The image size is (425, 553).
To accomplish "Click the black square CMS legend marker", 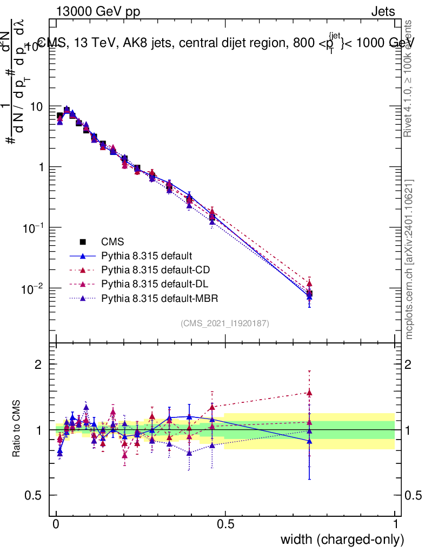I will (x=82, y=242).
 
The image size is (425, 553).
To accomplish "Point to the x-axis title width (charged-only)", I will (x=342, y=539).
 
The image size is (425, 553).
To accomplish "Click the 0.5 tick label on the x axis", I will (x=225, y=524).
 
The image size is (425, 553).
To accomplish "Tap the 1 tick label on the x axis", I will (x=395, y=524).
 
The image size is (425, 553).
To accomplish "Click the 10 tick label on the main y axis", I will (x=36, y=106).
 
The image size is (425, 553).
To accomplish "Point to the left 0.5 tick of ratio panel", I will (x=34, y=495).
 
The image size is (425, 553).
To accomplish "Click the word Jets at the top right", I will (x=383, y=11).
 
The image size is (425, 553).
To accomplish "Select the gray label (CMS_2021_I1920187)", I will (x=224, y=323).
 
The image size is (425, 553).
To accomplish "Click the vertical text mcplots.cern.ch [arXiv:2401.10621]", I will (x=409, y=259).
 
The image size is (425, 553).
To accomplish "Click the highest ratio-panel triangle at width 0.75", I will (x=309, y=393).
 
